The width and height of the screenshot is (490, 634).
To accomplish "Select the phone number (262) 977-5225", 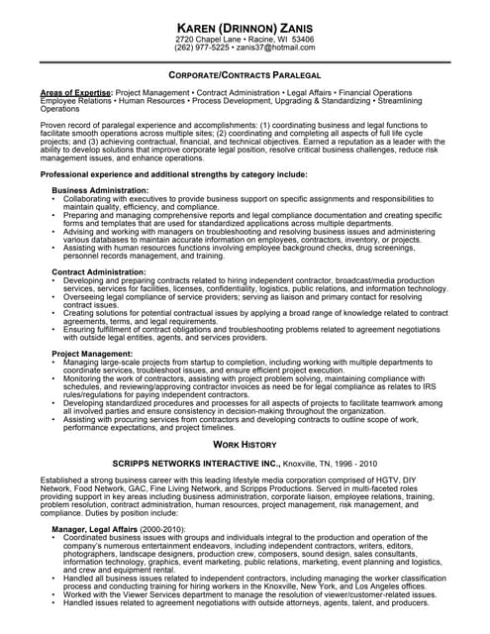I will tap(203, 47).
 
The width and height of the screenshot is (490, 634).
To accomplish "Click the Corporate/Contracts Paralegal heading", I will tap(245, 76).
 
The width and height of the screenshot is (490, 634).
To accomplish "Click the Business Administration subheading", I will tap(100, 189).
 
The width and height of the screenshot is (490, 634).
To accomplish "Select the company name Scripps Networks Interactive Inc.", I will tap(197, 464).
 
